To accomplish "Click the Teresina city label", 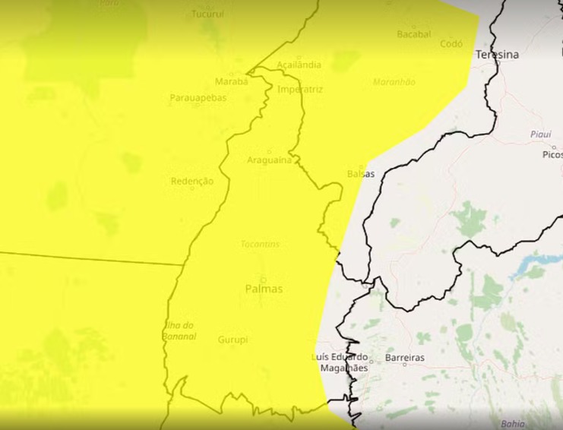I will click(x=497, y=55).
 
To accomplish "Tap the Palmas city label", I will click(x=264, y=289).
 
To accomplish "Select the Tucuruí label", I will click(x=207, y=14).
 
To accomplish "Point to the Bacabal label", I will click(x=413, y=34).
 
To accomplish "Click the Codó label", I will click(x=451, y=44).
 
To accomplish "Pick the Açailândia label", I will click(x=299, y=65).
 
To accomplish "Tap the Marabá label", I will click(x=232, y=81).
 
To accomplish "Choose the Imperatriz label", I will click(x=301, y=90).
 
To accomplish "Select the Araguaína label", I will click(x=269, y=160).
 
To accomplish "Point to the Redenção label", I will click(x=192, y=182).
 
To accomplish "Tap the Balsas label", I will click(x=361, y=173).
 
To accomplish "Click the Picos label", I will click(x=552, y=154).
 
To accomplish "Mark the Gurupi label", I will click(x=232, y=340).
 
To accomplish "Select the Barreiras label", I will click(x=405, y=357).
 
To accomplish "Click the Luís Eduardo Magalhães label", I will click(x=340, y=362).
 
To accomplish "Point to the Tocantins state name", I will click(x=260, y=244).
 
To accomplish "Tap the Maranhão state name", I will click(x=394, y=82).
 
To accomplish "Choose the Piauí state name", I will click(x=540, y=134).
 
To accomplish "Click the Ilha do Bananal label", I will click(x=180, y=330).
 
